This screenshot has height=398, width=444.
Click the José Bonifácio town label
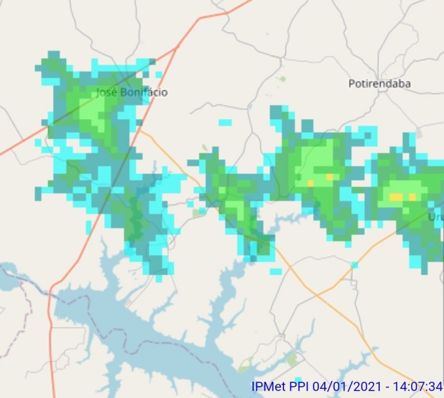click(x=132, y=92)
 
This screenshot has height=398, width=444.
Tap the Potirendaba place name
click(x=379, y=83)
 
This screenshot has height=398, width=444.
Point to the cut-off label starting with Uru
click(x=436, y=217)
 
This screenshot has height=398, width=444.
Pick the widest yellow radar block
click(x=396, y=197)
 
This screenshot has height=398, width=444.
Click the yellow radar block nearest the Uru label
click(x=412, y=197)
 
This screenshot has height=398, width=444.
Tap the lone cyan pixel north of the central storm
click(x=225, y=122)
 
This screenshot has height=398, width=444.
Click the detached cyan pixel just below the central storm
click(x=276, y=272)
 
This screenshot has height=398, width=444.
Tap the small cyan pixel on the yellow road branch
click(x=354, y=265)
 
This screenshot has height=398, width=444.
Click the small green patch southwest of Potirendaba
click(x=283, y=79)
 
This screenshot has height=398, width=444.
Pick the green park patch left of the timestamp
click(x=292, y=359)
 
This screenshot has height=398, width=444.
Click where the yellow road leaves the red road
click(x=141, y=131)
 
